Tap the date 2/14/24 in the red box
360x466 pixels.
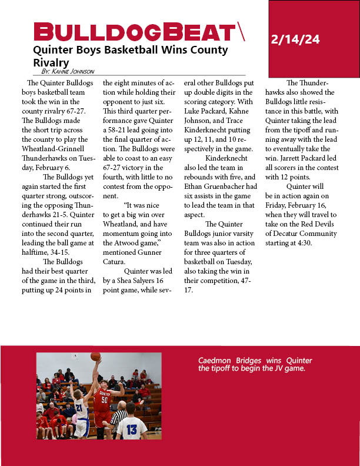[x=295, y=40]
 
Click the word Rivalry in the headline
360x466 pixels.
[x=51, y=62]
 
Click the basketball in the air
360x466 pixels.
[x=95, y=357]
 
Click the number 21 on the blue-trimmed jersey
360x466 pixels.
[x=79, y=407]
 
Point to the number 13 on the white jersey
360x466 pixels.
[x=132, y=430]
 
